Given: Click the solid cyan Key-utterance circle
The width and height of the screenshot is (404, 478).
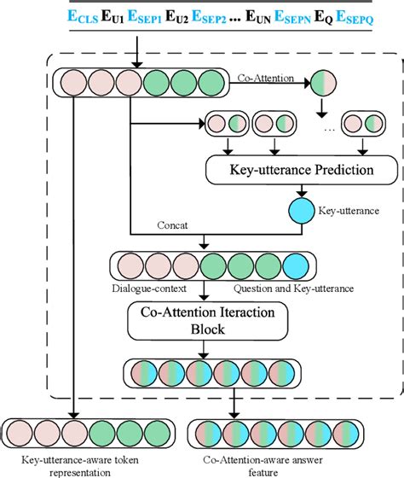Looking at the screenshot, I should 279,208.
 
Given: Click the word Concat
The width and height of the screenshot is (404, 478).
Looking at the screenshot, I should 173,224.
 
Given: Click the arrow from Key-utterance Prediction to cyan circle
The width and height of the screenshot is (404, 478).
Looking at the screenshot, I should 279,190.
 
